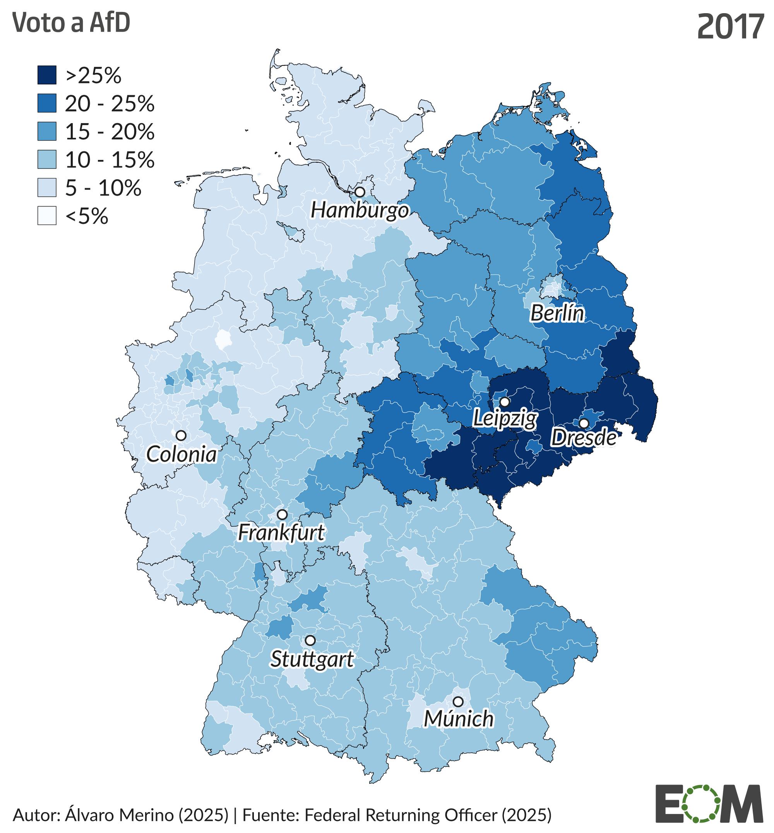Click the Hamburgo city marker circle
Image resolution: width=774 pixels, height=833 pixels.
(360, 192)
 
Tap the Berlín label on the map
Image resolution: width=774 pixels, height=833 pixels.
(557, 314)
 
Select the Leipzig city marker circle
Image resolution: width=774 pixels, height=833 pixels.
(505, 402)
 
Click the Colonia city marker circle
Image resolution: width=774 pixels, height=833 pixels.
(181, 435)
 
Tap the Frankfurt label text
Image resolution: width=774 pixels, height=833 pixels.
(281, 533)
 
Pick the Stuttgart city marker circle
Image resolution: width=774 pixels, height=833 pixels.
(310, 640)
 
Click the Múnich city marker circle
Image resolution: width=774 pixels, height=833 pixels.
(458, 701)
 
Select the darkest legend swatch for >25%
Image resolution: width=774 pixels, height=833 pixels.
(47, 75)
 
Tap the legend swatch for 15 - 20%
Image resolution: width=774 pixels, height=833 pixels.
(47, 131)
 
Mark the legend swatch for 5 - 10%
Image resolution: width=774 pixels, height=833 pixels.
(47, 187)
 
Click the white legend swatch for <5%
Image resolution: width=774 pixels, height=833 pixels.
(47, 215)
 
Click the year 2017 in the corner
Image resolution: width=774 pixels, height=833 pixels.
(730, 27)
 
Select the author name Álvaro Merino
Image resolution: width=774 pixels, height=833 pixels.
(119, 815)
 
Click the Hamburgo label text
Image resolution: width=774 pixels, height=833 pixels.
(360, 210)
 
